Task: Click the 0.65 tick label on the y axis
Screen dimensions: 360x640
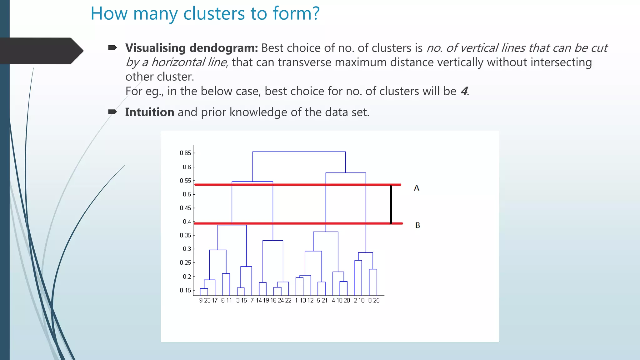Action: coord(185,153)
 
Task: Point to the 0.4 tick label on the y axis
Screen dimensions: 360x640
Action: coord(187,222)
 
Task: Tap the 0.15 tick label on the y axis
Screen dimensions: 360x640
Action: coord(185,290)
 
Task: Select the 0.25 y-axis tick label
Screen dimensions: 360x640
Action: coord(185,262)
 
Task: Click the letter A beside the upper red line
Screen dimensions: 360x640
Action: coord(417,188)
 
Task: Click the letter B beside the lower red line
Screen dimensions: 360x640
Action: coord(417,225)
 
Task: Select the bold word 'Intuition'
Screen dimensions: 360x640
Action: coord(150,112)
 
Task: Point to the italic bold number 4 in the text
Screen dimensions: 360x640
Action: coord(464,91)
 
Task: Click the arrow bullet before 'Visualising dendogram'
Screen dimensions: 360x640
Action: coord(112,47)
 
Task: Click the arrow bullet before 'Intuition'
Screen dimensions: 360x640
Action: coord(112,112)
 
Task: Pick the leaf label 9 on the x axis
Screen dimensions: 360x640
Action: coord(201,300)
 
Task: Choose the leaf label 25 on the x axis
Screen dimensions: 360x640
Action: coord(376,300)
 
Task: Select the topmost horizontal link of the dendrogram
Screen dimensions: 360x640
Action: coord(299,152)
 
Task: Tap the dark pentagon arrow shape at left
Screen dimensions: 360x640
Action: coord(41,51)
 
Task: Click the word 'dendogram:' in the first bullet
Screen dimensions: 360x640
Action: coord(224,48)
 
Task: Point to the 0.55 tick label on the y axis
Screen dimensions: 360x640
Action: coord(185,181)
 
